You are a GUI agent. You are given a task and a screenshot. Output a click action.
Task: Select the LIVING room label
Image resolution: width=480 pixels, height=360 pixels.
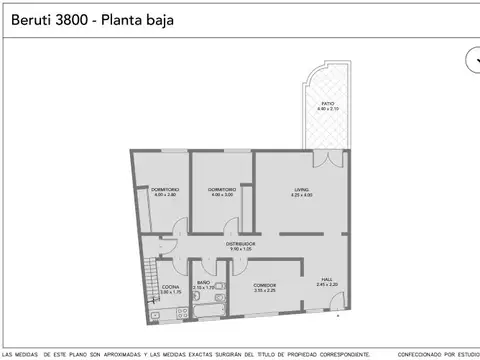301,189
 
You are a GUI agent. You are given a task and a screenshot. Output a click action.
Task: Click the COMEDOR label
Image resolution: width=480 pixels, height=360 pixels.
264,285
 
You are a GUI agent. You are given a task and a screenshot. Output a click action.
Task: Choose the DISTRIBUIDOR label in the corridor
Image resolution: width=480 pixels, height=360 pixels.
240,243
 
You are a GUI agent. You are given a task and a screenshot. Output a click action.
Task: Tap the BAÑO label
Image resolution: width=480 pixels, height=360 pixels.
203,282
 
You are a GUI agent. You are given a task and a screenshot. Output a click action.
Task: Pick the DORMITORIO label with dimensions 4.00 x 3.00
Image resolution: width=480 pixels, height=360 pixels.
222,189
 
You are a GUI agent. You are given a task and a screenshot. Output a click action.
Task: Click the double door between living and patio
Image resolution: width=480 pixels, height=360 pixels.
323,158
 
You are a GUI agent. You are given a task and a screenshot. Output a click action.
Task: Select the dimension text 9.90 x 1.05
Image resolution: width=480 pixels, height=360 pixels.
240,249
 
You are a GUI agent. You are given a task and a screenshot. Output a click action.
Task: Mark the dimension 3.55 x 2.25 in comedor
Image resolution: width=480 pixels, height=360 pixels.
264,291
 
